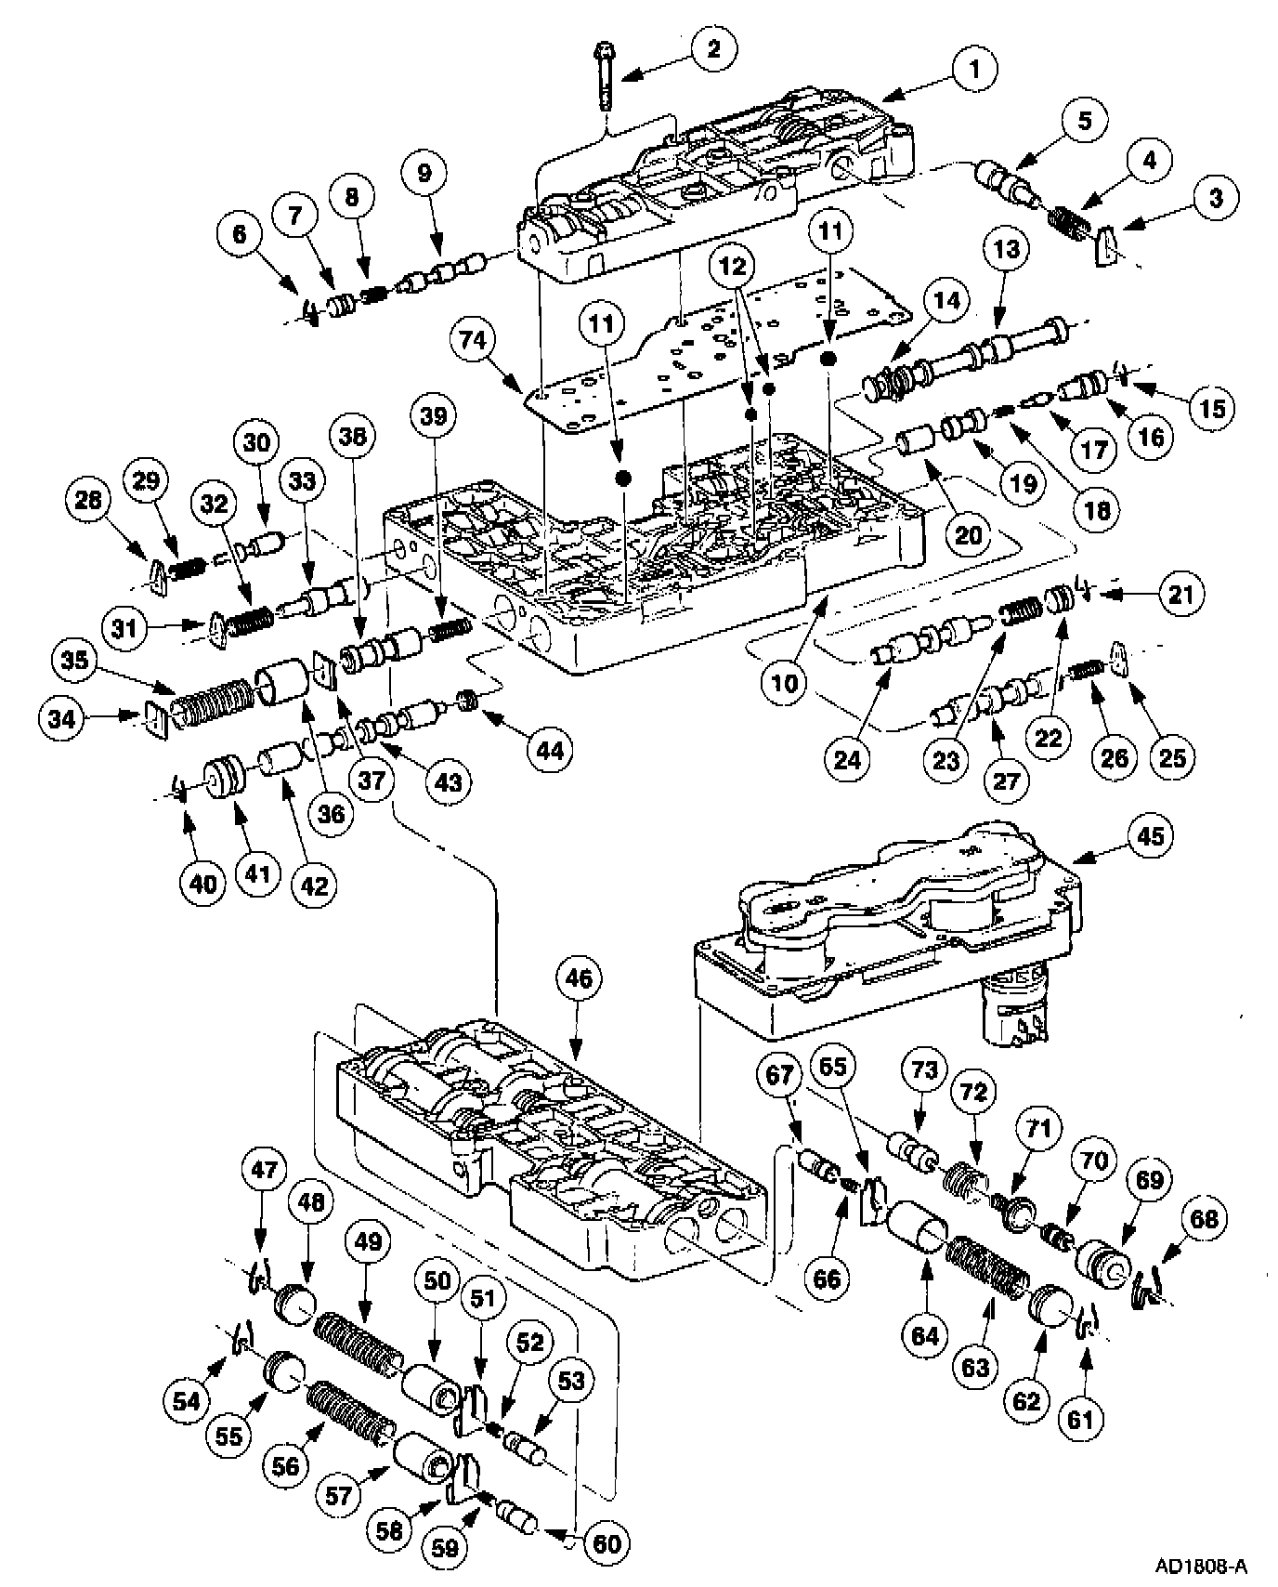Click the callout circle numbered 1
point(972,68)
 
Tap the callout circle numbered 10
point(785,683)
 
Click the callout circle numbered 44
point(548,750)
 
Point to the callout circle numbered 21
point(1180,594)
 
